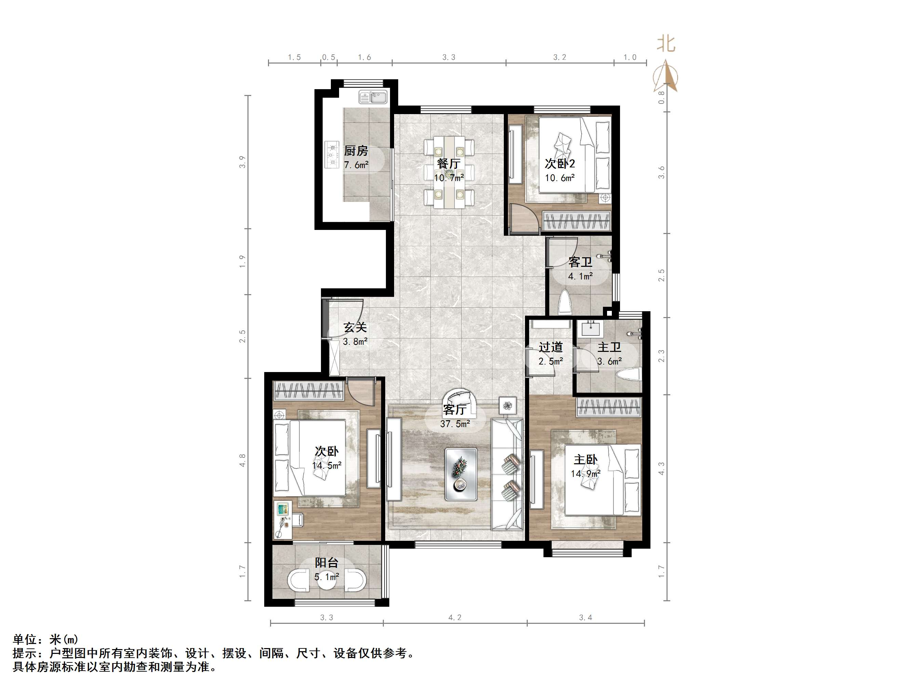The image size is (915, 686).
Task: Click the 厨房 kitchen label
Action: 356,151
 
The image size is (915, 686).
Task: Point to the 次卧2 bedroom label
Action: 560,164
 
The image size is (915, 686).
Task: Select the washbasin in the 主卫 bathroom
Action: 591,329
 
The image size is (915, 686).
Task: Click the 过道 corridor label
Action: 551,347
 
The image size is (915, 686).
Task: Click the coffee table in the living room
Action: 461,474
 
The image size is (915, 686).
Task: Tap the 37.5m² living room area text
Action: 455,424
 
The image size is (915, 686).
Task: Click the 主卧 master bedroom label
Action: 585,459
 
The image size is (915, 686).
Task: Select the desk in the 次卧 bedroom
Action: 283,519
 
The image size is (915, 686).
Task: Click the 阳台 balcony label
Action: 326,562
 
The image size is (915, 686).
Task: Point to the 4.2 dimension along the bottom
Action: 455,617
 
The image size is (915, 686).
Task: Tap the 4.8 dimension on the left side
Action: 242,460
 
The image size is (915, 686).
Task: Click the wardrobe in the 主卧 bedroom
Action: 609,407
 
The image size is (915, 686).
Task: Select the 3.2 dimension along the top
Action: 559,57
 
